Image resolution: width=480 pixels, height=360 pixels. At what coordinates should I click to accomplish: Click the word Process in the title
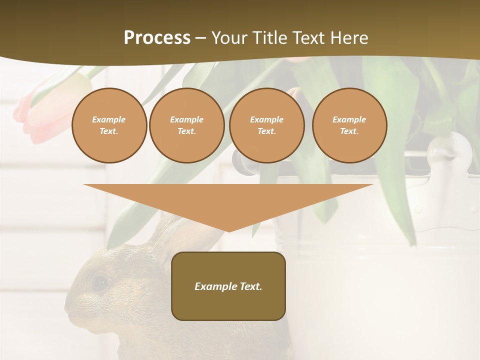point(157,38)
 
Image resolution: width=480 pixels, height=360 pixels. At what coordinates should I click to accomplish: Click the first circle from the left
point(109,125)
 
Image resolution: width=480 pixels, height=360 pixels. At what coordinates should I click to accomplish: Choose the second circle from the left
point(186,125)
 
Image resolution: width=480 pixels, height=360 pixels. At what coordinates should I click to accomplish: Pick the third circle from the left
point(266,125)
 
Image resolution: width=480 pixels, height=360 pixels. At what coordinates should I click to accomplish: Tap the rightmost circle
point(349,125)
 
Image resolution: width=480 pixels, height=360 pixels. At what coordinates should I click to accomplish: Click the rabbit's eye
point(100,283)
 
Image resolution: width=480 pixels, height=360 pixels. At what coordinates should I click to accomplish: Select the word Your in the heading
point(229,38)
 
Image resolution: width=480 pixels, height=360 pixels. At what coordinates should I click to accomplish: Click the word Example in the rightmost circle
point(349,119)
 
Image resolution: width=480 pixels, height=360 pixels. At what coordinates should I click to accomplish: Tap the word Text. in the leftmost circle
point(109,131)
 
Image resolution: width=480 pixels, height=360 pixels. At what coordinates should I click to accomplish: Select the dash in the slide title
point(201,38)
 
